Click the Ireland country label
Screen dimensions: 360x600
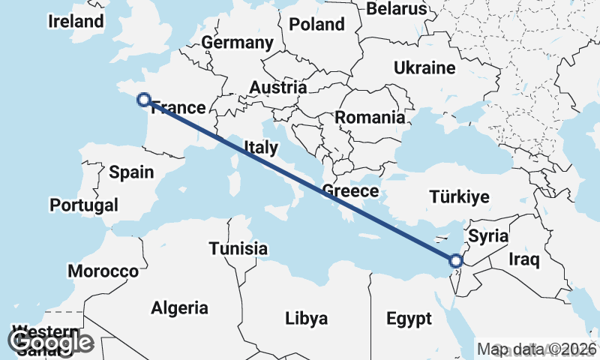click(76, 21)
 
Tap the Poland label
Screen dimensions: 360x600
click(316, 24)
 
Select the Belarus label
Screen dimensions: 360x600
click(397, 8)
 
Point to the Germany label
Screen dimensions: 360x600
click(237, 43)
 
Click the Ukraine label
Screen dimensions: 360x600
click(424, 67)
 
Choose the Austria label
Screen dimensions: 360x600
click(278, 88)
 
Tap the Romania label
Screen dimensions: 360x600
click(370, 118)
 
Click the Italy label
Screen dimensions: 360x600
click(260, 148)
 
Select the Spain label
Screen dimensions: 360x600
click(131, 172)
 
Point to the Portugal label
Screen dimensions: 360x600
click(84, 205)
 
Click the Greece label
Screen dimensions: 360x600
click(350, 191)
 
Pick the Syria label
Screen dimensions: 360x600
click(488, 236)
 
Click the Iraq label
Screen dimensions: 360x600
click(524, 259)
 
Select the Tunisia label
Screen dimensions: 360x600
click(238, 248)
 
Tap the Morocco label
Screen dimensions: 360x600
click(103, 271)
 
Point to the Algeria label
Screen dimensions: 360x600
click(179, 307)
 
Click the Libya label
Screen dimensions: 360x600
click(306, 319)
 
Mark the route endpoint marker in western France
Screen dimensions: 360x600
click(144, 99)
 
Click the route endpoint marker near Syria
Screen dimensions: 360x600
click(455, 261)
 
